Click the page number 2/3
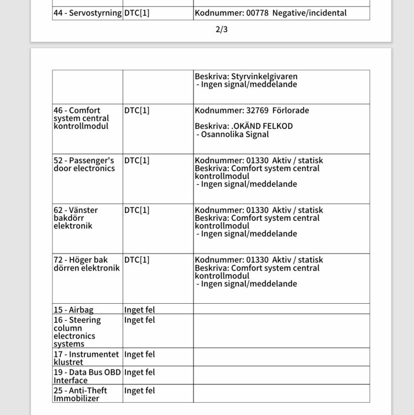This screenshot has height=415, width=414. pos(221,30)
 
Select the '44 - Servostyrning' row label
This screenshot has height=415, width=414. pos(87,13)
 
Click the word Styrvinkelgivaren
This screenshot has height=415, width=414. pos(264,76)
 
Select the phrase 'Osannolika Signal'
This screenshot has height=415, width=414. pos(235,134)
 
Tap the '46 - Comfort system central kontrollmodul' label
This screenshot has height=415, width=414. pos(81,118)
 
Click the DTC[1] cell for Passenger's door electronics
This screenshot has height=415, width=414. pos(137,160)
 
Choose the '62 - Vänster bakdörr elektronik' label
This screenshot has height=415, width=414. pos(76,218)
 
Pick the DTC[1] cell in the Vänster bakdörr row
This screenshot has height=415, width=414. pos(137,210)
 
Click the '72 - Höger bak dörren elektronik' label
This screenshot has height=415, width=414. pos(86,264)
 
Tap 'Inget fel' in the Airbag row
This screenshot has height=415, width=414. pos(139,310)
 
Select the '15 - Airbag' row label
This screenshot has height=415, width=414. pos(74,310)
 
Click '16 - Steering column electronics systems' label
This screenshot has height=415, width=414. pos(77,332)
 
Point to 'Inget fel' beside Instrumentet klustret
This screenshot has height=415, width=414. pos(139,354)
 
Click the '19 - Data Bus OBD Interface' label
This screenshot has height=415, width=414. pos(87,376)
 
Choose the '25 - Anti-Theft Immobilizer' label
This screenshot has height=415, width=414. pos(81,394)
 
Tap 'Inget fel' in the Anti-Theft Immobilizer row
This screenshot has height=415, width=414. pos(139,391)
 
